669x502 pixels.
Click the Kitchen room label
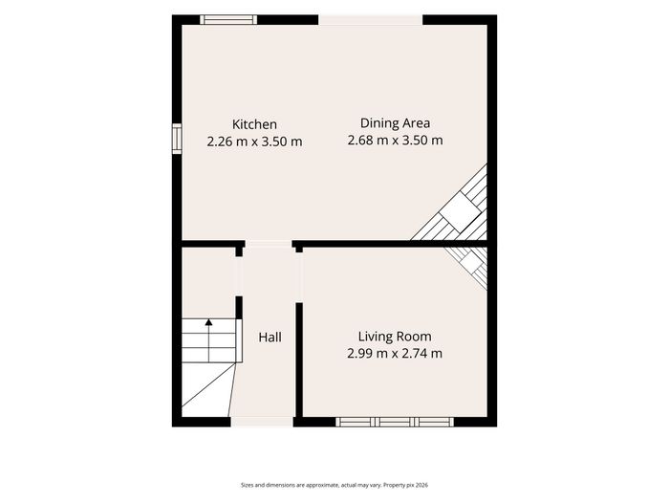(x=254, y=124)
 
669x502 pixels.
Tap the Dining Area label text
(x=395, y=123)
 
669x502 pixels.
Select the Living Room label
(x=395, y=337)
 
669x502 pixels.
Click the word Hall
(x=270, y=338)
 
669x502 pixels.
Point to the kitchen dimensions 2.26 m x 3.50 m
(x=254, y=142)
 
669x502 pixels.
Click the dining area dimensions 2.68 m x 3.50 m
(x=395, y=140)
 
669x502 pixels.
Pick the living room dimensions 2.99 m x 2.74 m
(x=395, y=354)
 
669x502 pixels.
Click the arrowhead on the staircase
(x=208, y=322)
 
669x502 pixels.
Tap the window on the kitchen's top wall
(x=228, y=20)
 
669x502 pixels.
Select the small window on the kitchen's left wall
(x=177, y=139)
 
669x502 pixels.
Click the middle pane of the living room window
(x=395, y=423)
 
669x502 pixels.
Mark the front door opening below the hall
(x=262, y=422)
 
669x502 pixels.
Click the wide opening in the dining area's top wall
(x=371, y=20)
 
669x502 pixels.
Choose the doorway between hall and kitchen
(x=269, y=244)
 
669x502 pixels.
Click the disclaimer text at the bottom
(x=334, y=485)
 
